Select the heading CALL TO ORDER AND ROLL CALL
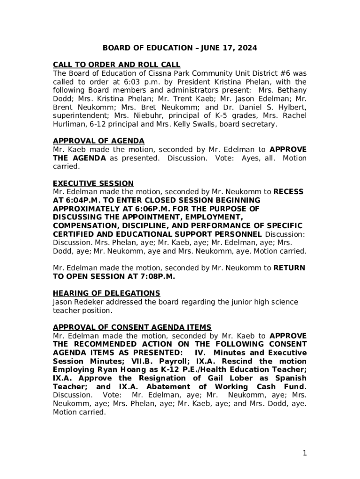tap(116, 65)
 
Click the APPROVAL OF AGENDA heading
tap(98, 141)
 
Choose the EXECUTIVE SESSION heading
tap(93, 183)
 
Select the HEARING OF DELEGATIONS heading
tap(106, 293)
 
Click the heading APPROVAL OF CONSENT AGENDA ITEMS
tap(132, 327)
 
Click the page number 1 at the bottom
tap(304, 452)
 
